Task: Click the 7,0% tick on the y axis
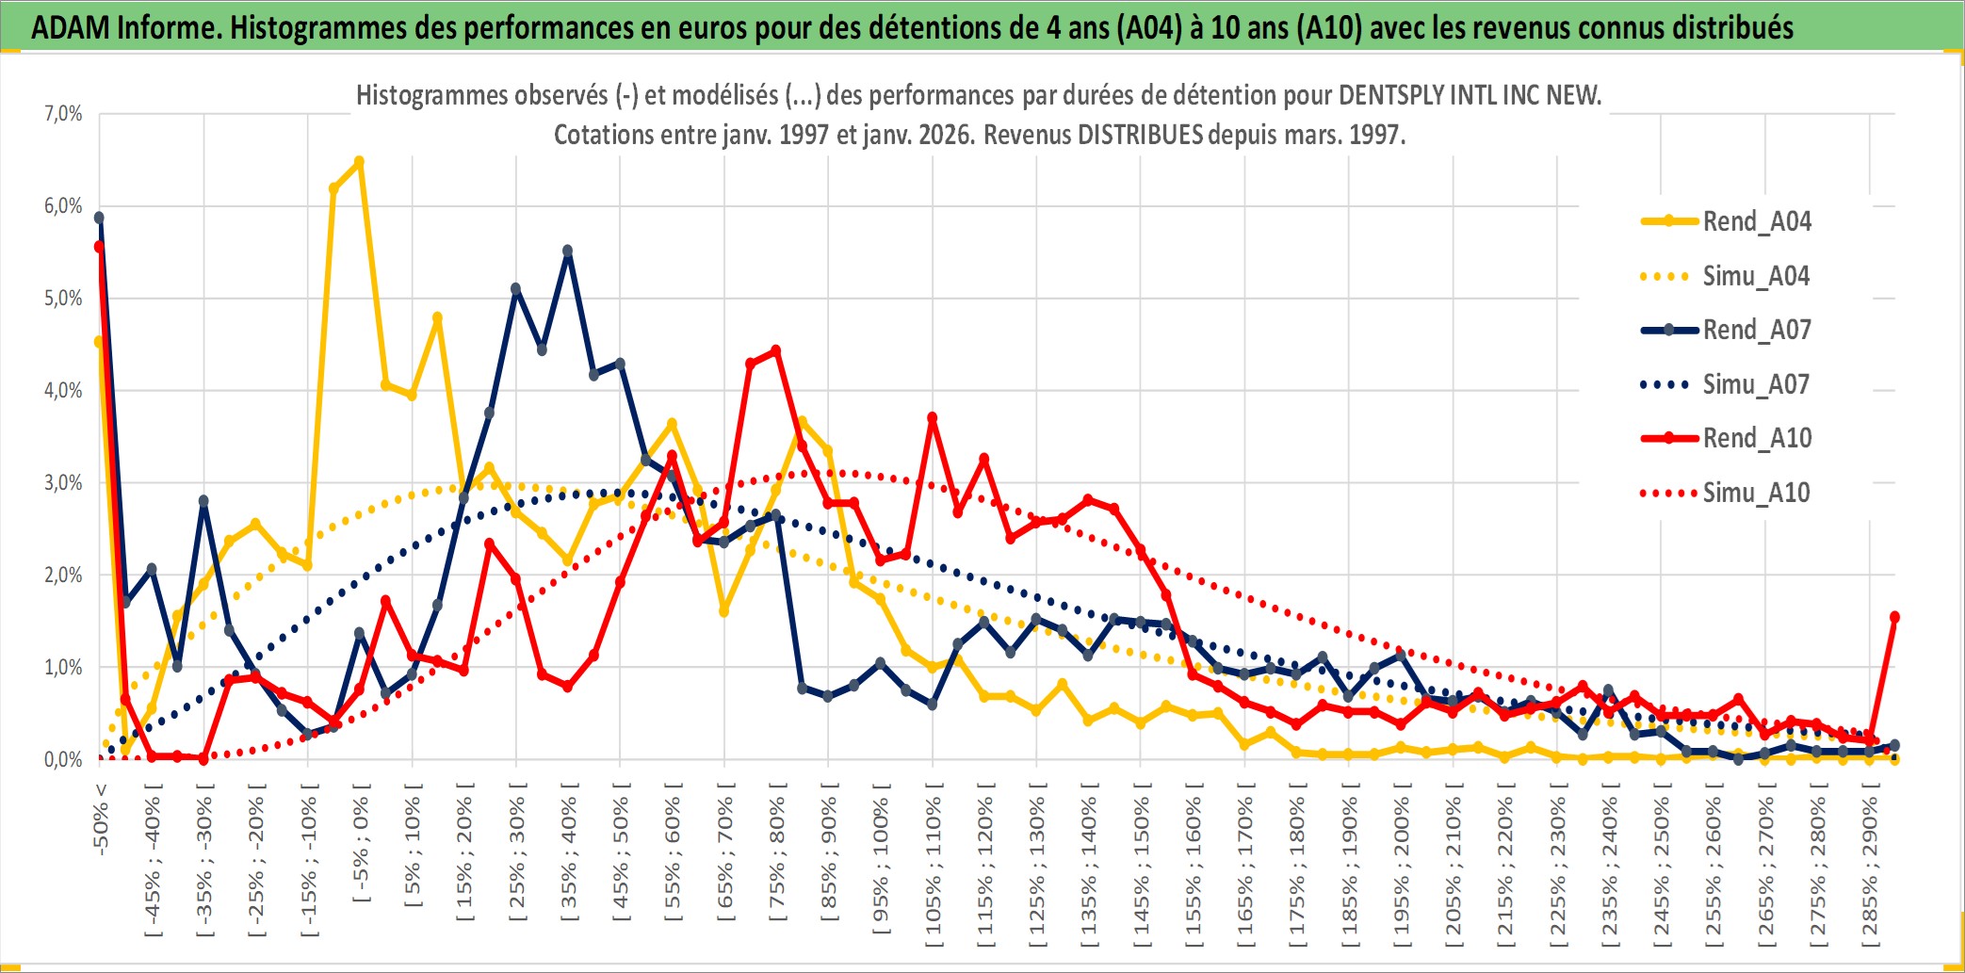tap(63, 114)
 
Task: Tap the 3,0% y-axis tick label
tap(63, 483)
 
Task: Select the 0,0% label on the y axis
tap(63, 760)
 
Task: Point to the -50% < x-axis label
tap(100, 819)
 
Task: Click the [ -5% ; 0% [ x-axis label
tap(360, 843)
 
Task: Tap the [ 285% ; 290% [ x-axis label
tap(1869, 867)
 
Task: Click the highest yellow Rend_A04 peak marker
tap(359, 162)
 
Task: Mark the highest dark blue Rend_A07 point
tap(99, 218)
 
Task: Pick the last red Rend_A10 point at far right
tap(1894, 617)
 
